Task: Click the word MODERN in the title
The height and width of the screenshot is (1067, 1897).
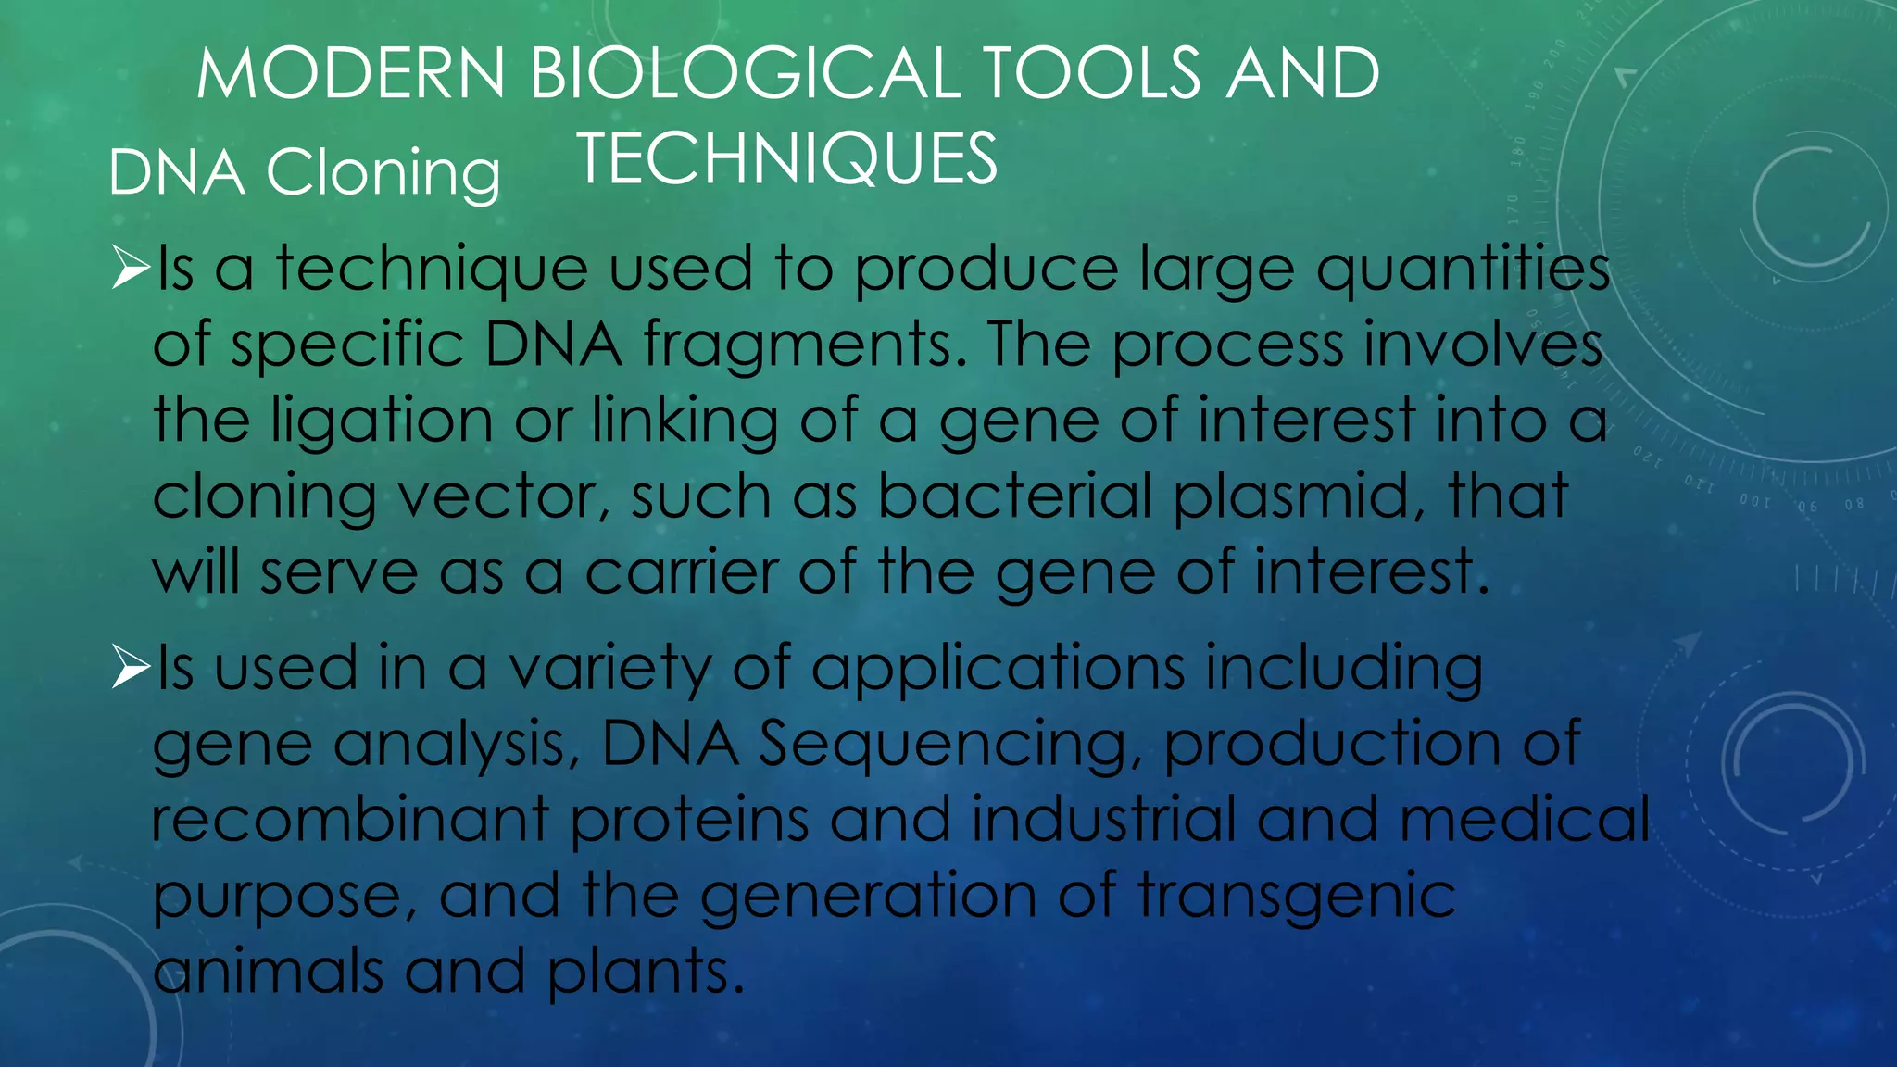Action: click(350, 73)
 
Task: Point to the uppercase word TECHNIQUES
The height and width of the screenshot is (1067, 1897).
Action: click(786, 158)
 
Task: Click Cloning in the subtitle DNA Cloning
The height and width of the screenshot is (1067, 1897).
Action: click(383, 173)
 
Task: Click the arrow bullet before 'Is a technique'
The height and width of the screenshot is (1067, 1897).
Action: click(131, 268)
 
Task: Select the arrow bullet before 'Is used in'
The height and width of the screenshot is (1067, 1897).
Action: click(131, 668)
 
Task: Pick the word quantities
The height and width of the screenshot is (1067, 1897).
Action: click(1464, 270)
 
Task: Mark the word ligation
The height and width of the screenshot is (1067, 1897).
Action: click(382, 421)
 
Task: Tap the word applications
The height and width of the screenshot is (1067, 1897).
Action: click(998, 670)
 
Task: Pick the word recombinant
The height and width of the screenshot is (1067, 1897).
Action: click(350, 820)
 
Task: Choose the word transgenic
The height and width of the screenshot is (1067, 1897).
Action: click(1297, 898)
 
